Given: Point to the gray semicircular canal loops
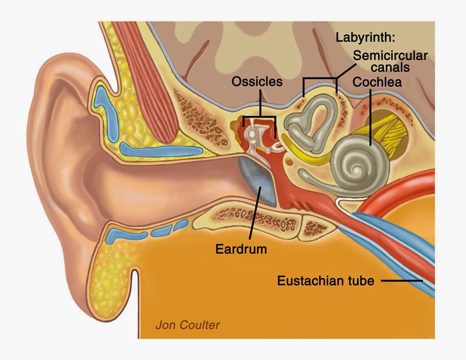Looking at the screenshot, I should [x=312, y=122].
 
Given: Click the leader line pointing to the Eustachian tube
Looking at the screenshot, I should [x=403, y=281].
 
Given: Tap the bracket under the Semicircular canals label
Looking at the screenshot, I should [x=320, y=78].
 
